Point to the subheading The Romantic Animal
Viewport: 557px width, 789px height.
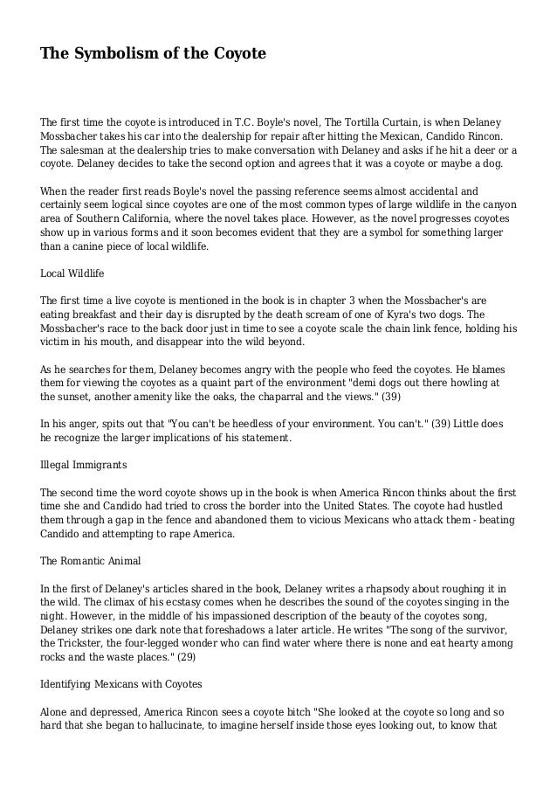(91, 559)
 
